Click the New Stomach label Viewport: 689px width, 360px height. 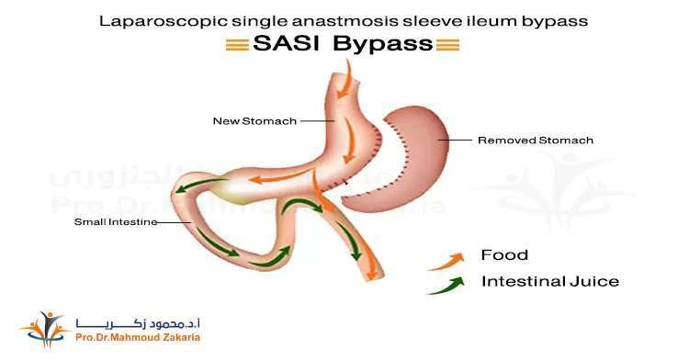(242, 120)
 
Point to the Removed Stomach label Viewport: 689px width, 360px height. (536, 141)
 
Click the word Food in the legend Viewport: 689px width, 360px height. (504, 254)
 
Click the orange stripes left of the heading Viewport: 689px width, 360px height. (236, 44)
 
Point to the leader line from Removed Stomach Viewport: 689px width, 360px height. (456, 141)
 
